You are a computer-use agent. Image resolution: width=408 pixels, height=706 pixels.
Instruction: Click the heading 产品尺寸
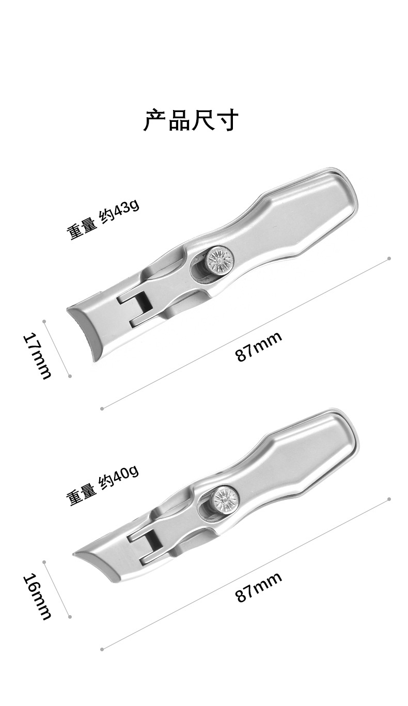click(x=191, y=120)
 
